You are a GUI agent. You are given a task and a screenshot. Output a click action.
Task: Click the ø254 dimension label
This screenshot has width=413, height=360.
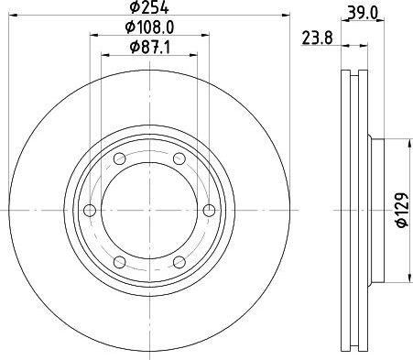[x=149, y=7]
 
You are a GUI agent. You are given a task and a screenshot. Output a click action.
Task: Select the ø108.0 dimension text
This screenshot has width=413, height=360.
[x=149, y=27]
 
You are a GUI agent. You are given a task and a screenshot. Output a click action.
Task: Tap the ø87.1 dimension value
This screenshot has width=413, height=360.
[x=149, y=48]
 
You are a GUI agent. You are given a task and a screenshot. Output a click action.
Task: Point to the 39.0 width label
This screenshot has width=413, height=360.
[x=363, y=13]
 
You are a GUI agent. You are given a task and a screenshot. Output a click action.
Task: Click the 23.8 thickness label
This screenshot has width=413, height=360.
[x=317, y=38]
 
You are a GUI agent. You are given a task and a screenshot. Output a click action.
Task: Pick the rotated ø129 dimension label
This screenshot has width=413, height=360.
[x=402, y=210]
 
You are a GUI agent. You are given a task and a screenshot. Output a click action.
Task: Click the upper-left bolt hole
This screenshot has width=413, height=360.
[x=120, y=158]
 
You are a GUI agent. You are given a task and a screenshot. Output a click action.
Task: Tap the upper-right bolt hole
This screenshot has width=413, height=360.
[x=179, y=158]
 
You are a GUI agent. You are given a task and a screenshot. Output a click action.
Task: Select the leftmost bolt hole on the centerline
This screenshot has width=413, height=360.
[x=90, y=210]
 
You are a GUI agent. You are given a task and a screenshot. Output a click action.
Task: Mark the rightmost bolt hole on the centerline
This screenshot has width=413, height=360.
[x=209, y=210]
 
